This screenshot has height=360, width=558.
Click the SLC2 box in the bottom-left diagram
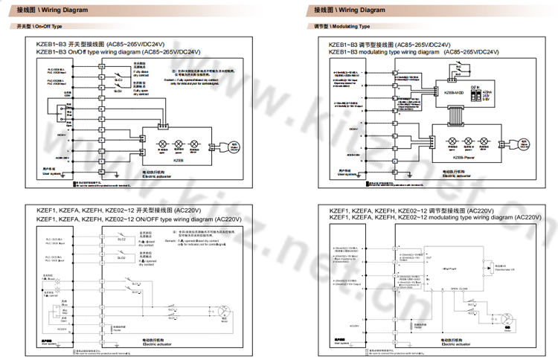(x=122, y=240)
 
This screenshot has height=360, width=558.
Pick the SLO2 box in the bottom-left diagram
(x=122, y=257)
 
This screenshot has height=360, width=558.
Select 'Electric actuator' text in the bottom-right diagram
(x=455, y=344)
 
